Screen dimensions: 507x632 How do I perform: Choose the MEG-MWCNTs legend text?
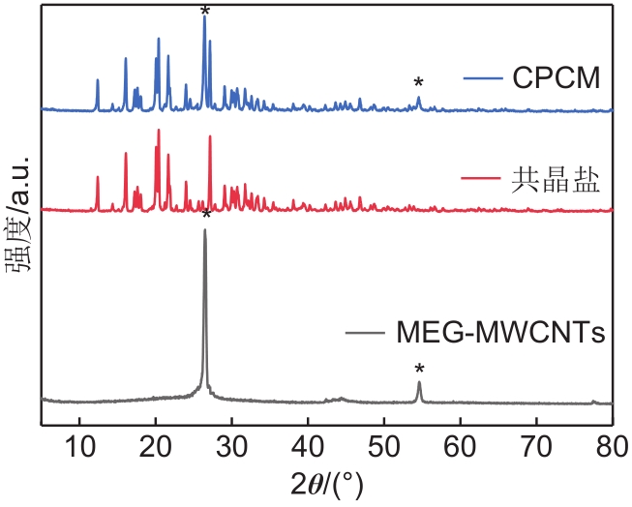tap(502, 335)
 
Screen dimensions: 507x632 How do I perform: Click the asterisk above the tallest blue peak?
tap(204, 13)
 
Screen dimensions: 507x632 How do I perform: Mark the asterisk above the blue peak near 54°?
tap(418, 83)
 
